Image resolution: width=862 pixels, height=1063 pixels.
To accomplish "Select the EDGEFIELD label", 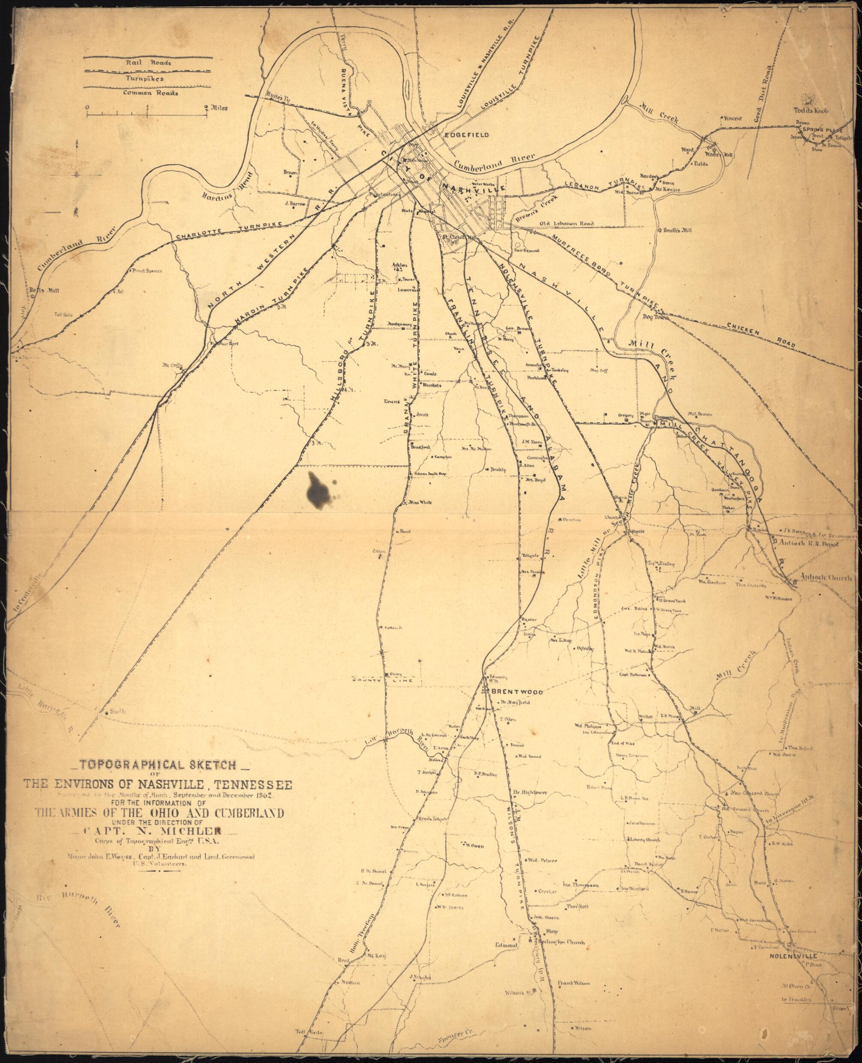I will pos(467,134).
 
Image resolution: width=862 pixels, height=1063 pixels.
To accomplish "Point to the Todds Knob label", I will pos(811,111).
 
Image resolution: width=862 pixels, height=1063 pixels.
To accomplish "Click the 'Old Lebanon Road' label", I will pos(567,224).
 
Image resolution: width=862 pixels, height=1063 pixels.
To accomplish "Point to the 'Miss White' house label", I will pos(420,503).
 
